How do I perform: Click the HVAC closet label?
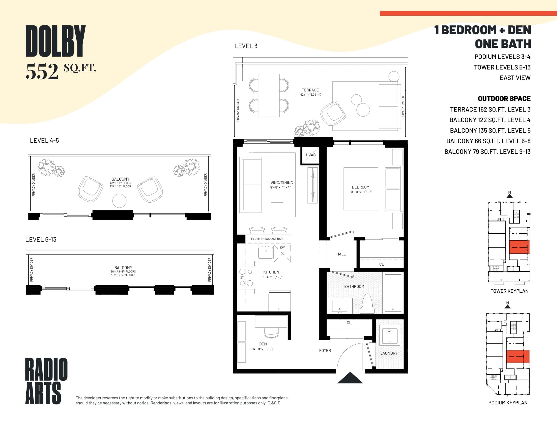coord(310,155)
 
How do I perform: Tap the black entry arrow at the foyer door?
coord(350,378)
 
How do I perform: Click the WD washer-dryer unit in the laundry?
coord(390,336)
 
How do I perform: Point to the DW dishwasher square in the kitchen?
coord(282,253)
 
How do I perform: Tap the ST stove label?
coord(242,278)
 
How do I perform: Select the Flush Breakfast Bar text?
coord(267,239)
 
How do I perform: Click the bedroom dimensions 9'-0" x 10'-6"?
coord(361,192)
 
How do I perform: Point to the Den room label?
coord(263,344)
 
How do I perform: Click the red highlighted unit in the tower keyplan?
coord(519,247)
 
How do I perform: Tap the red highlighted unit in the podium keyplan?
coord(517,357)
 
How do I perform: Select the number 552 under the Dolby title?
coord(42,72)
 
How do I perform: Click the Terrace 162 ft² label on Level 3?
coord(310,92)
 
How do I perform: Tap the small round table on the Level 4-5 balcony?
coord(119,201)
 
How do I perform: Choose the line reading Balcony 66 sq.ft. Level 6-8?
coord(488,141)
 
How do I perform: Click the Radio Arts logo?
coord(46,381)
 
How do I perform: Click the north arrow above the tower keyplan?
coord(510,195)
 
